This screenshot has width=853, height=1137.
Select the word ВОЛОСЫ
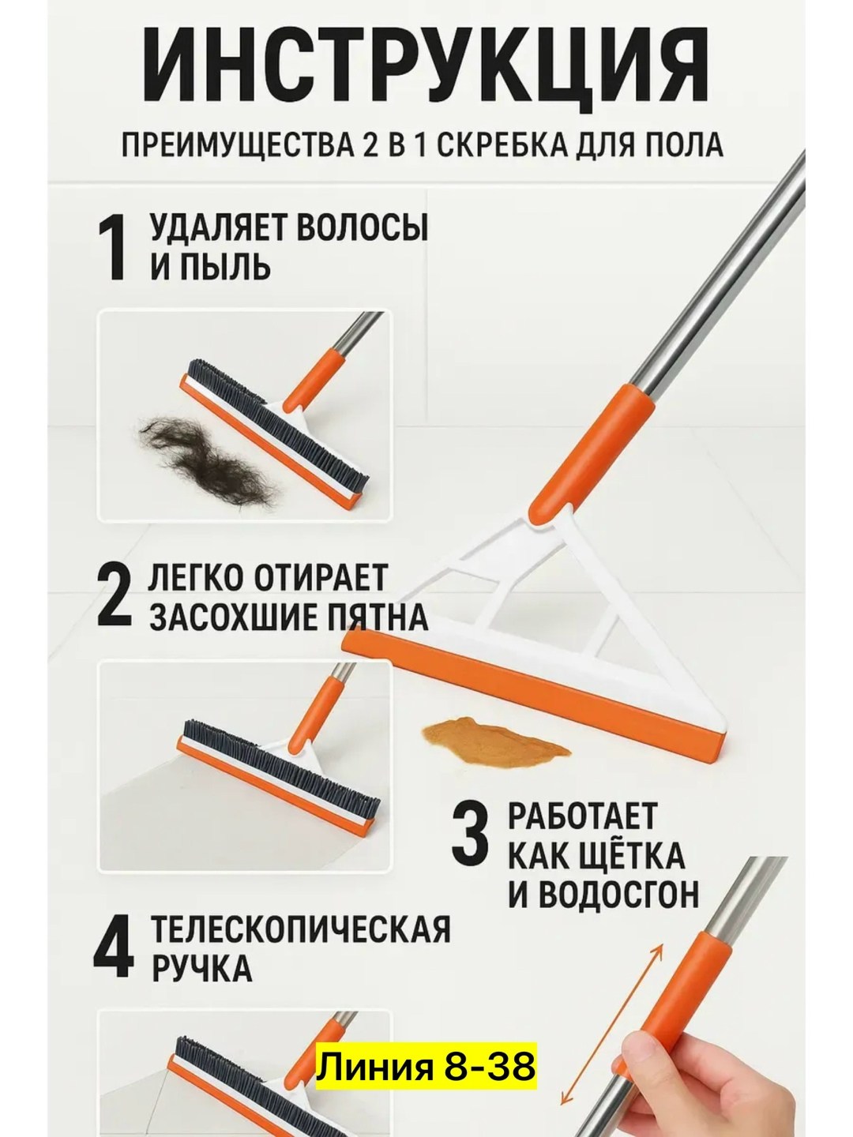363,230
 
